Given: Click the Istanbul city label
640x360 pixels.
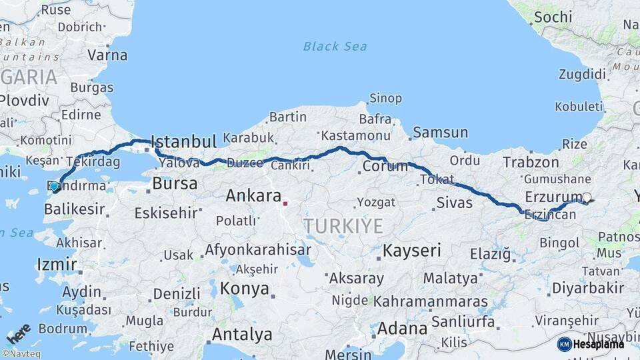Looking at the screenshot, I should click(184, 142).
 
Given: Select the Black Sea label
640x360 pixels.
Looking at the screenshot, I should click(335, 46).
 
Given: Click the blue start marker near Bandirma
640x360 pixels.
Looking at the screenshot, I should click(55, 187).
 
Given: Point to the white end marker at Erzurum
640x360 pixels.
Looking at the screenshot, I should click(587, 197).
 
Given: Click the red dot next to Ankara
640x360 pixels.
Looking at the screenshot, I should click(285, 203).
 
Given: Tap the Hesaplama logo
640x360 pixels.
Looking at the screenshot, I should click(591, 344).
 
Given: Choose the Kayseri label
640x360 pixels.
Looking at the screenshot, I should click(411, 251).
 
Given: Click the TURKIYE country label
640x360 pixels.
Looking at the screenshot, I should click(343, 226).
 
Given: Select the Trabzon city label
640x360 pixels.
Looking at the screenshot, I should click(531, 162).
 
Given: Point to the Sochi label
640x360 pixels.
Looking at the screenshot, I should click(553, 17).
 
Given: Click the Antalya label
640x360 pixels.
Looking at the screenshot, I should click(241, 334).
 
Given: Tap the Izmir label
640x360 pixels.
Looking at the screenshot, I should click(57, 264).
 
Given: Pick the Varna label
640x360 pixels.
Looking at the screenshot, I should click(107, 55).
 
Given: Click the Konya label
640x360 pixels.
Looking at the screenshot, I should click(245, 289).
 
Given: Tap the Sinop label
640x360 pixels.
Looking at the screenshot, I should click(385, 99).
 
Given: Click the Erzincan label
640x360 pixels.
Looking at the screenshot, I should click(550, 215).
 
